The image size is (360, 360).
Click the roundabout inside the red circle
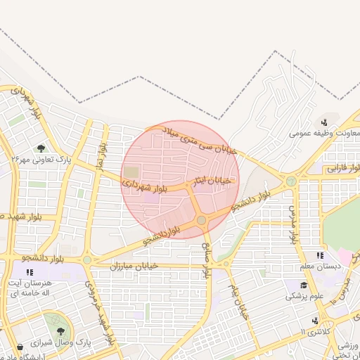pos(202,221)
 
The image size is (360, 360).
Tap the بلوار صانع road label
pos(207,257)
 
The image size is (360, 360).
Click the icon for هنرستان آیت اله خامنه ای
pos(30,271)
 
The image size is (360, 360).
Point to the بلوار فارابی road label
pos(345,168)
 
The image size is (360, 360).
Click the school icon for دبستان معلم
pos(320,256)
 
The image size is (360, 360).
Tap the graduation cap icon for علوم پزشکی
pos(304,285)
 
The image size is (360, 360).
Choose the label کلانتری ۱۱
pos(311,331)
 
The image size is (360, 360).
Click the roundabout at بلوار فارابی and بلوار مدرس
pos(290,181)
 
